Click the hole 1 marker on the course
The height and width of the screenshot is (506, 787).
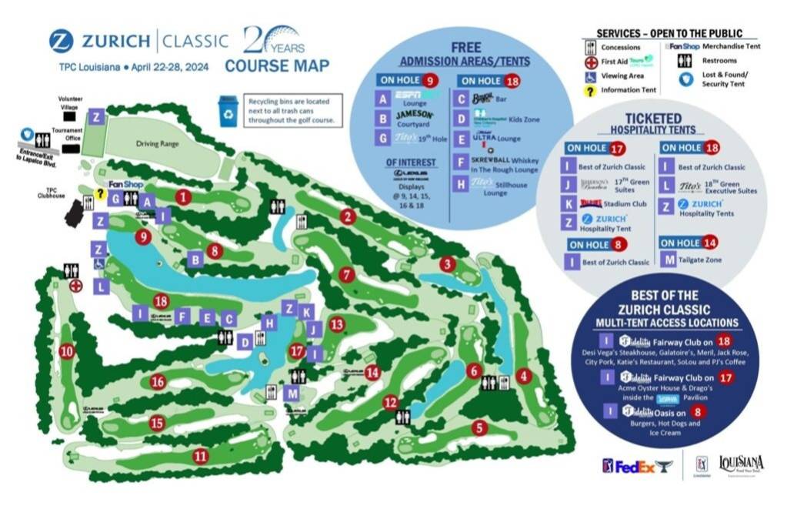(182, 196)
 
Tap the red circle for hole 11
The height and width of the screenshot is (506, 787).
(201, 455)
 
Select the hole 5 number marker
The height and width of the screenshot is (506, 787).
(479, 427)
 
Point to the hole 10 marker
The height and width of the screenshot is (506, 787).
(67, 351)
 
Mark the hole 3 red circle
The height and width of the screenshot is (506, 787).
(447, 264)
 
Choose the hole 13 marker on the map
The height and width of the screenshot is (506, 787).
(336, 324)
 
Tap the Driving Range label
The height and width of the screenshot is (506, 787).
(157, 144)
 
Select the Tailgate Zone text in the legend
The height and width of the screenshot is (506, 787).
(704, 260)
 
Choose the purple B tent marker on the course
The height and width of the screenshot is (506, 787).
(195, 260)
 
